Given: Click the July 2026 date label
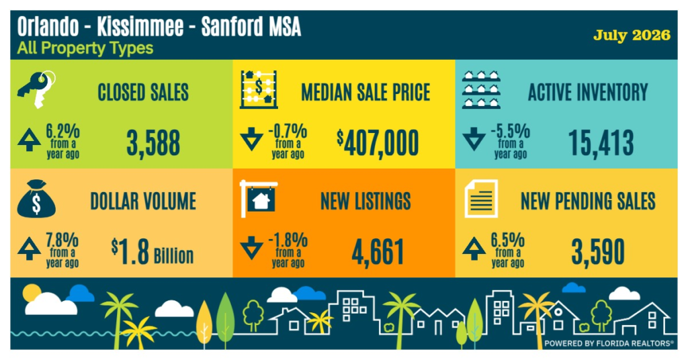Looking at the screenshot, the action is coord(632,35).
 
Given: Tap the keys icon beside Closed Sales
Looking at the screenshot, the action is coord(36,89).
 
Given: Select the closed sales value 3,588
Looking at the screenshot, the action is coord(153,143).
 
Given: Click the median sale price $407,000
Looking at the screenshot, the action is coord(378,143).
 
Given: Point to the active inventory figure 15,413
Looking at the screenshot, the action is coord(601,143).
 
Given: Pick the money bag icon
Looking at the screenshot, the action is coord(36,199).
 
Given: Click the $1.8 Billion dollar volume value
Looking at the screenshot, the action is coord(153,252).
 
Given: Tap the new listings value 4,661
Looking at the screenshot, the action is coord(378,252).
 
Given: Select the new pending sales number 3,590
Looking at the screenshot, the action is coord(597,252).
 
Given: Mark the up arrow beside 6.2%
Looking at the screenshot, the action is coord(29,140).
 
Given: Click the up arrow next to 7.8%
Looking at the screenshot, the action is coord(29,249).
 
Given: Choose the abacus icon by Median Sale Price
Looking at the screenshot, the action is coord(259,89).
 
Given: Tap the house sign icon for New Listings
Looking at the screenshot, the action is coord(259,199).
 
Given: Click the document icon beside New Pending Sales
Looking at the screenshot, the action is coord(481,199).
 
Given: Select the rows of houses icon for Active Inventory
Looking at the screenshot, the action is coord(481,89).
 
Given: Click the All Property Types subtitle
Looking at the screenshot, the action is coord(85,48).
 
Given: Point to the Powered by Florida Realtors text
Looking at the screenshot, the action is coord(609,343).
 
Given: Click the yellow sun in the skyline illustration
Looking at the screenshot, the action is coord(31,291).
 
